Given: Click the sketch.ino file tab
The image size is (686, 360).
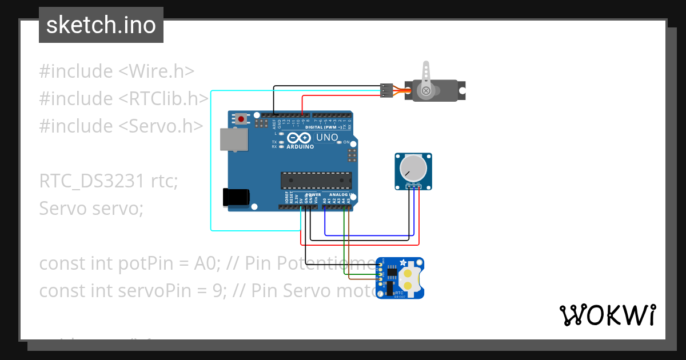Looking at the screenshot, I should [x=101, y=25].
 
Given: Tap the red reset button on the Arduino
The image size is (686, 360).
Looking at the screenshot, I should [x=242, y=119].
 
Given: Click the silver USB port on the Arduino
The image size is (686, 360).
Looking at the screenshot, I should [x=234, y=139].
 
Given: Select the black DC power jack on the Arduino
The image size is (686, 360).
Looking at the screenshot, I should [x=236, y=197].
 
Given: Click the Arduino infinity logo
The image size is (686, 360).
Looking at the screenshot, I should [x=299, y=138].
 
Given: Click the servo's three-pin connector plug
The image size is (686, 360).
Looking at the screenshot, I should [x=386, y=90].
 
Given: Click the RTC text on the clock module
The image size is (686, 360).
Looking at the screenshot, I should [x=399, y=292].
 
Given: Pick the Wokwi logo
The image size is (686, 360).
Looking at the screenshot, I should [x=607, y=315].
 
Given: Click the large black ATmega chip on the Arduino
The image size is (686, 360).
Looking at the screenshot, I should [x=316, y=180].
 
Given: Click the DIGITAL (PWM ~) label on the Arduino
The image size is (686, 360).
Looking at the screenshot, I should [x=324, y=127].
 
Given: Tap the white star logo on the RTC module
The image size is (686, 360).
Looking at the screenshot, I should [x=404, y=263].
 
